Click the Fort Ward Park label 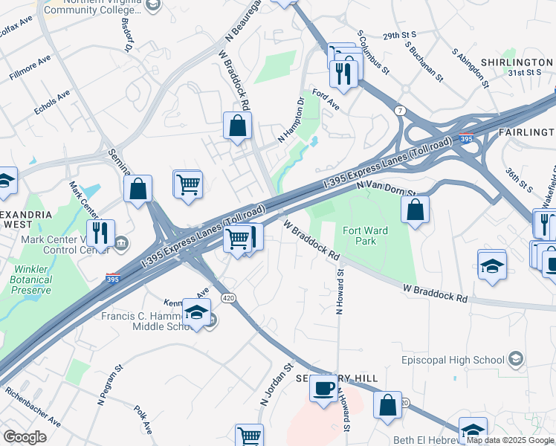(x=365, y=236)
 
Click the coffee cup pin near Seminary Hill (x=323, y=389)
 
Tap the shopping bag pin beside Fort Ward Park (x=416, y=209)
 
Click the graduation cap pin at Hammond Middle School (x=196, y=312)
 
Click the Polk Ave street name (x=143, y=419)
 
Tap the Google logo (x=25, y=437)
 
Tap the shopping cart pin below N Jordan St (x=249, y=436)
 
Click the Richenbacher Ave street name (x=33, y=406)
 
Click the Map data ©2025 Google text (x=510, y=440)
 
